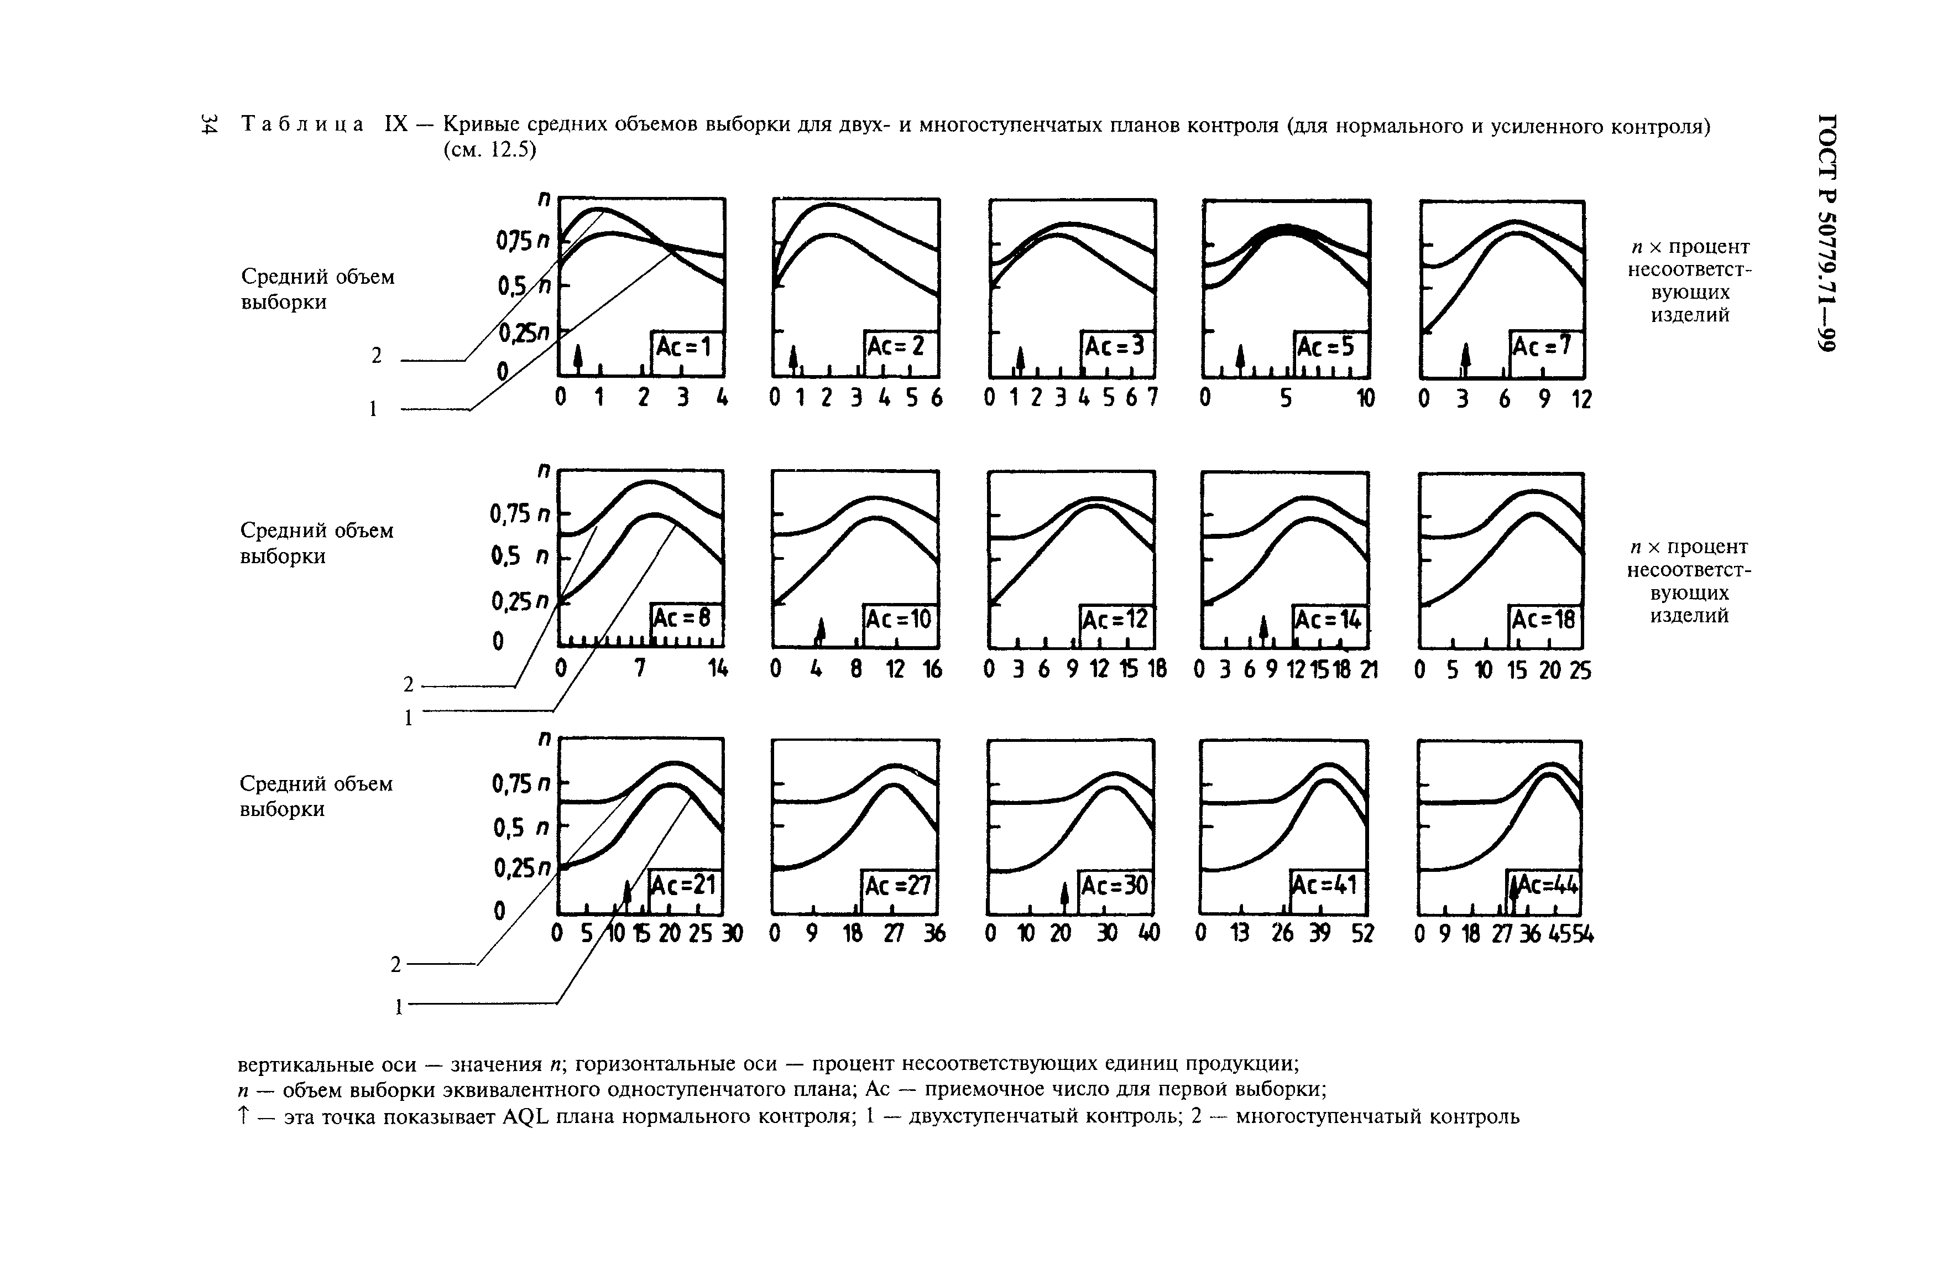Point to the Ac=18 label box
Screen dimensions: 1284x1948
point(1544,620)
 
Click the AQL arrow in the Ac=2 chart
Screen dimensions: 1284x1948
point(792,358)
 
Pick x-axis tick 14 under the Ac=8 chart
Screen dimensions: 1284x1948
point(717,669)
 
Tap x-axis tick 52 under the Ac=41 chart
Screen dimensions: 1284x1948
point(1362,933)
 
